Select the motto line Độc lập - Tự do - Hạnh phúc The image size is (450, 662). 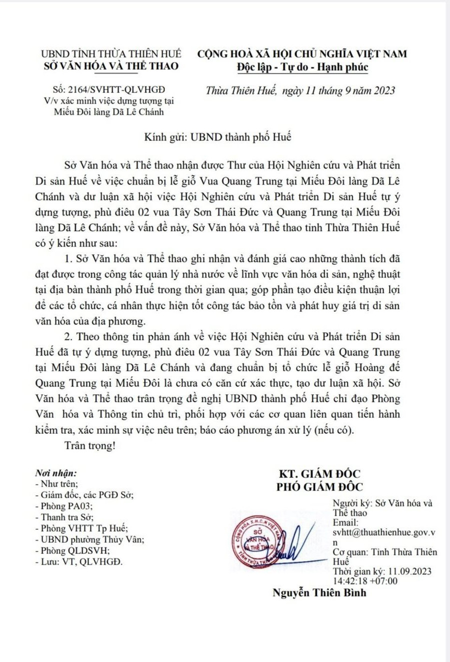pyautogui.click(x=303, y=67)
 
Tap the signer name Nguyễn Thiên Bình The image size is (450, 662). pyautogui.click(x=319, y=593)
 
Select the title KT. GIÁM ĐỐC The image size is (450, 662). pyautogui.click(x=320, y=474)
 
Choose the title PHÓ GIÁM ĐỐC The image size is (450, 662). pyautogui.click(x=320, y=486)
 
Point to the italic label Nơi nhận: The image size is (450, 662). pyautogui.click(x=56, y=473)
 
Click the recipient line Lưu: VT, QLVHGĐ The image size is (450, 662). pyautogui.click(x=79, y=561)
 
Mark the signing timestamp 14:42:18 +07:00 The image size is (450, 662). pyautogui.click(x=365, y=581)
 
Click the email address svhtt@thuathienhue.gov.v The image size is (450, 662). pyautogui.click(x=384, y=533)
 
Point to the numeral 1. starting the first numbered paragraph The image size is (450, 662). pyautogui.click(x=69, y=259)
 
